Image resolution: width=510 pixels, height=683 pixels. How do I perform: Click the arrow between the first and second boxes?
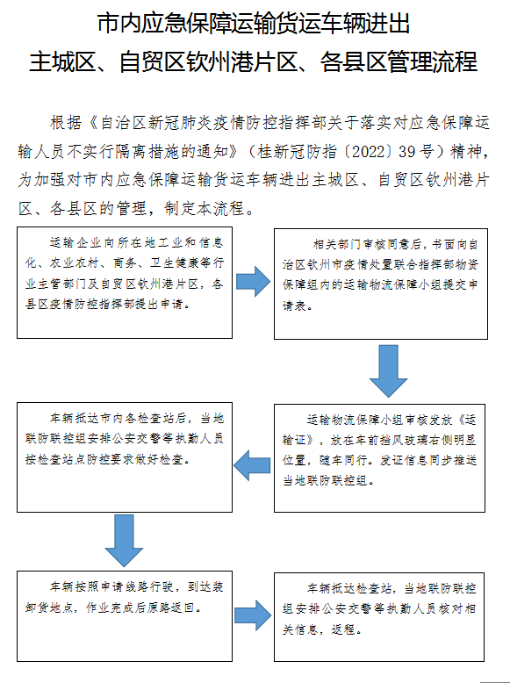tap(253, 282)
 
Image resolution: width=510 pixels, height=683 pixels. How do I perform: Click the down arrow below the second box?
tap(388, 371)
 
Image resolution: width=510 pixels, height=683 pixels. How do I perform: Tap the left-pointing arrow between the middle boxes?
tap(252, 465)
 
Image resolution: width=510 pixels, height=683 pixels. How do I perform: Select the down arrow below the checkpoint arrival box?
tap(124, 541)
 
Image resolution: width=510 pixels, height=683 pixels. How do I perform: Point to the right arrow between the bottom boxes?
tap(253, 615)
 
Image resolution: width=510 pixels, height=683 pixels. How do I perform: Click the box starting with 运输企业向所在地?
tap(125, 283)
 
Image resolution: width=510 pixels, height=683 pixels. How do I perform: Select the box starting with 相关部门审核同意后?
tap(381, 284)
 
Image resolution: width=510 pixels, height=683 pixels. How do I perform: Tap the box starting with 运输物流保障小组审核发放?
tap(379, 458)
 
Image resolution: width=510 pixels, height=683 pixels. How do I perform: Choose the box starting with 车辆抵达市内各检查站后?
tap(125, 457)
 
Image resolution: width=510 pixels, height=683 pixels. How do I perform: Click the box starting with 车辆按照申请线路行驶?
tap(125, 616)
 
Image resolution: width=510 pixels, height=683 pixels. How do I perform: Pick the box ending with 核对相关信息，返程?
tap(379, 617)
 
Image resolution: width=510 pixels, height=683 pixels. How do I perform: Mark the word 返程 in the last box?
tap(343, 629)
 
